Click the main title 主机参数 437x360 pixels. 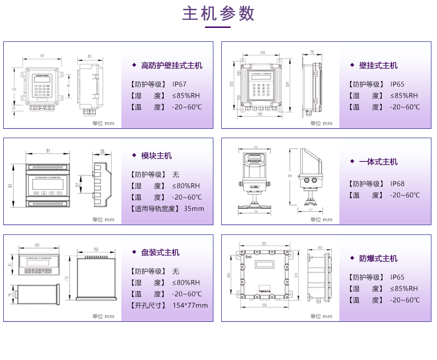(x=218, y=14)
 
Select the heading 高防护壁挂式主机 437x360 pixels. (x=172, y=66)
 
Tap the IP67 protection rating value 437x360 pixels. (x=179, y=84)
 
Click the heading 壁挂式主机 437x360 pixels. (x=378, y=66)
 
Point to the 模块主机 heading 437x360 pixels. (x=156, y=156)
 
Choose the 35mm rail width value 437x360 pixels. (x=194, y=208)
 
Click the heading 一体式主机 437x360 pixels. (x=378, y=162)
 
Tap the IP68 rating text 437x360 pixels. (x=397, y=184)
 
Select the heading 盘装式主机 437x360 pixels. (x=160, y=253)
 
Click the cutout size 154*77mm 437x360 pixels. (x=190, y=306)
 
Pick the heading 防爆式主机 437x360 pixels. (x=378, y=259)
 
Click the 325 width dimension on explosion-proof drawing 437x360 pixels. (x=264, y=243)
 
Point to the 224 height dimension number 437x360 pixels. (x=288, y=84)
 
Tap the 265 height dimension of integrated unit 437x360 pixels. (x=290, y=176)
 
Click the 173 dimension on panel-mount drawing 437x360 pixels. (x=67, y=279)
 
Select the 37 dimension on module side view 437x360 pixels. (x=78, y=185)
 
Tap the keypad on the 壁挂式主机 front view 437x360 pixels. (x=261, y=89)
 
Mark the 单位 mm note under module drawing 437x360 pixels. (x=103, y=220)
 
